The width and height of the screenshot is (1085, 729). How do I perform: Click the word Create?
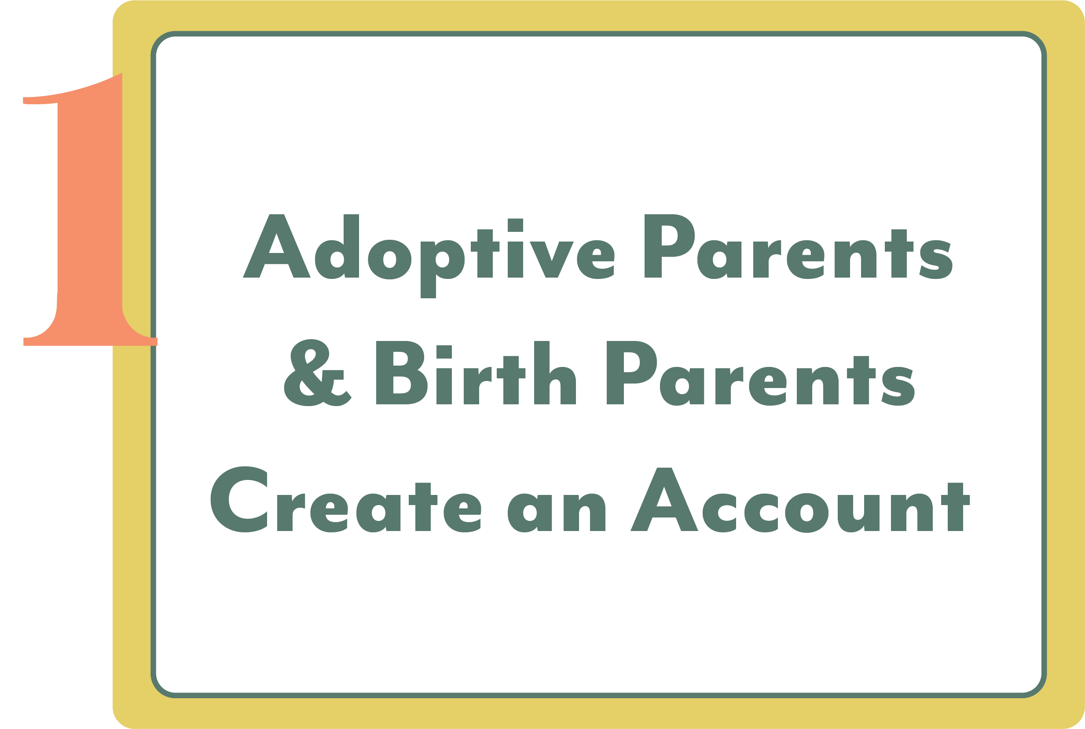point(347,500)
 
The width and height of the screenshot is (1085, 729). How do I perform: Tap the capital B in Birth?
point(401,374)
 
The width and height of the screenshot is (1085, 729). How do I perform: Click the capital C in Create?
point(240,500)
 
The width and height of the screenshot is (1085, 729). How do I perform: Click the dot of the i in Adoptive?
point(515,225)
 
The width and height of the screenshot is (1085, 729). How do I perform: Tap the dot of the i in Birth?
point(444,352)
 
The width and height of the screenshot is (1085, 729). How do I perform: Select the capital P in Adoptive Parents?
point(667,246)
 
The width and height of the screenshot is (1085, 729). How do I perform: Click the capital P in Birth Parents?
point(630,374)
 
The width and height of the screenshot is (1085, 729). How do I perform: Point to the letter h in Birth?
point(554,374)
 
